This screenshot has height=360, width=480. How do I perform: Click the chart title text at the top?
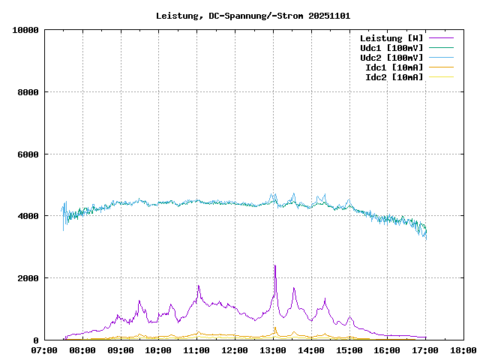253,15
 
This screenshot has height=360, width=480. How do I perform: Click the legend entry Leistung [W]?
391,37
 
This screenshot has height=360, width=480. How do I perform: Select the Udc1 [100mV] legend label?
391,47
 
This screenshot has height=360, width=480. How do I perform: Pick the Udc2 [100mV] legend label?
391,57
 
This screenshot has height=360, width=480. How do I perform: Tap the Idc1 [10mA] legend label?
394,67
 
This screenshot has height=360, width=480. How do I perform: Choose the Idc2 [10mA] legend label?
394,76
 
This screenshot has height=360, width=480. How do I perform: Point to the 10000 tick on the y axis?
25,30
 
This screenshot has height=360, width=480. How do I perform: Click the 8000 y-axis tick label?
28,92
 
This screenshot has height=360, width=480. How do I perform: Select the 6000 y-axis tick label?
28,154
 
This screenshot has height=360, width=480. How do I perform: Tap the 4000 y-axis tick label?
28,216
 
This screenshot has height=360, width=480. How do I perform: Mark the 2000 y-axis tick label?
28,278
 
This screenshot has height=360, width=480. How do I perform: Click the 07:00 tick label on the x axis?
44,349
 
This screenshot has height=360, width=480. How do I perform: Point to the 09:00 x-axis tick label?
121,349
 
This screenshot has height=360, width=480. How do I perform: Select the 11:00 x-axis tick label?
196,349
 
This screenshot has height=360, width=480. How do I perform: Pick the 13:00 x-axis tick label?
273,349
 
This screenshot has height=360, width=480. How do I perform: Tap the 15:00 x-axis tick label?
349,349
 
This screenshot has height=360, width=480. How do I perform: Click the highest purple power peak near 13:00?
274,265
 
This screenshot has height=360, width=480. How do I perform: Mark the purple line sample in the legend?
441,37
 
